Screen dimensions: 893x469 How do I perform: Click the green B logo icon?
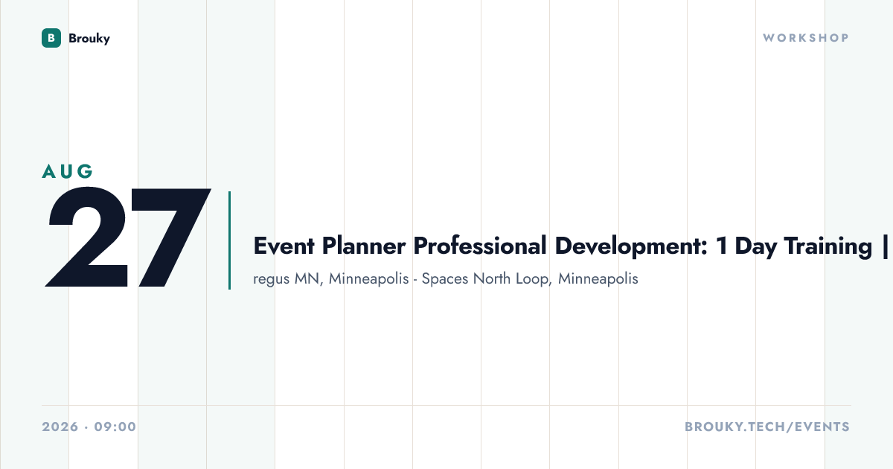coord(51,38)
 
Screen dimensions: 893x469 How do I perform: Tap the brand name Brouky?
coord(89,38)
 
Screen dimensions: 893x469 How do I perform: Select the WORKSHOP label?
coord(806,38)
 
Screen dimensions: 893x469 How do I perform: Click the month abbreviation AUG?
coord(68,171)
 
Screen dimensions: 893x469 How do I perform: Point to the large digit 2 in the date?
coord(87,237)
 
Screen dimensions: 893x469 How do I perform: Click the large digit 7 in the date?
coord(170,237)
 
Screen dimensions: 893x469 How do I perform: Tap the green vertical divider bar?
coord(230,240)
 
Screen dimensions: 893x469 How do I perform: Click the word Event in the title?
coord(284,246)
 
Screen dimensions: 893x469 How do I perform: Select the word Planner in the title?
coord(364,246)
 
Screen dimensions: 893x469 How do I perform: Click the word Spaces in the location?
coord(445,279)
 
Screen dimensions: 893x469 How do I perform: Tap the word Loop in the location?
coord(534,279)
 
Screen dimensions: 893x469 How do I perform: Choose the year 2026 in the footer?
coord(60,427)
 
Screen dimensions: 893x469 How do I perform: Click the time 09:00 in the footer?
coord(115,427)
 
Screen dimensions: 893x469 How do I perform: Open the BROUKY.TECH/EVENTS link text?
coord(767,427)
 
